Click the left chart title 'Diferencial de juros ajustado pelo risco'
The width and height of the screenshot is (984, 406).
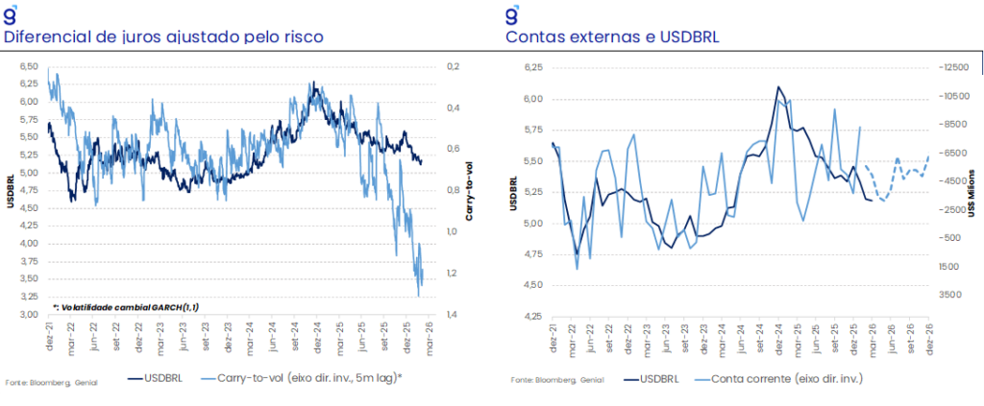(x=163, y=37)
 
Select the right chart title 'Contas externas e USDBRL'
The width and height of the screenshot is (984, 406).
(x=613, y=37)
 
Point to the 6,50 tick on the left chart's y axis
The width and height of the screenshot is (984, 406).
(x=28, y=66)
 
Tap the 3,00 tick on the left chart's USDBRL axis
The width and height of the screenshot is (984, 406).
(x=28, y=315)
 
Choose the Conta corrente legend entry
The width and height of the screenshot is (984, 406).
(x=780, y=377)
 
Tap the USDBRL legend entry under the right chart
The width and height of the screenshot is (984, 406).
(x=661, y=377)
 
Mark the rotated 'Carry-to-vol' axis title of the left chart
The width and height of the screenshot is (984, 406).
(x=471, y=190)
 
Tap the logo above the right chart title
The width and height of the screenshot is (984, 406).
(x=513, y=13)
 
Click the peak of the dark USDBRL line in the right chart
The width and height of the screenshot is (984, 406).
(x=777, y=86)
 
